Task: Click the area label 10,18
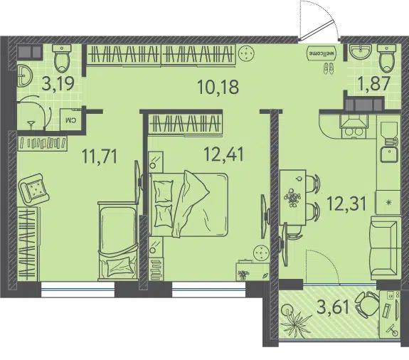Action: pyautogui.click(x=218, y=87)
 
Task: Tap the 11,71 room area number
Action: pyautogui.click(x=100, y=156)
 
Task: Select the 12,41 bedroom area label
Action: pyautogui.click(x=224, y=154)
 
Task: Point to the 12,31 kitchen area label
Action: pyautogui.click(x=346, y=203)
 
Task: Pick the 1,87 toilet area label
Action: pyautogui.click(x=375, y=83)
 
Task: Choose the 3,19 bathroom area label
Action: pyautogui.click(x=58, y=83)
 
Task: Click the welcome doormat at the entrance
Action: pyautogui.click(x=322, y=53)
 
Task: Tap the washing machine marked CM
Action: pyautogui.click(x=70, y=119)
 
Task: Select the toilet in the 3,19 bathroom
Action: pyautogui.click(x=62, y=58)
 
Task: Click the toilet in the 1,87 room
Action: pyautogui.click(x=387, y=58)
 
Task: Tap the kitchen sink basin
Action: pyautogui.click(x=388, y=154)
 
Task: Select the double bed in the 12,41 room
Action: pyautogui.click(x=188, y=204)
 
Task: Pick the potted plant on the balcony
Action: pyautogui.click(x=296, y=320)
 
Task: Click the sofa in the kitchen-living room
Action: pyautogui.click(x=386, y=248)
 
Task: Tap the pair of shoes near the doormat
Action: pyautogui.click(x=328, y=69)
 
